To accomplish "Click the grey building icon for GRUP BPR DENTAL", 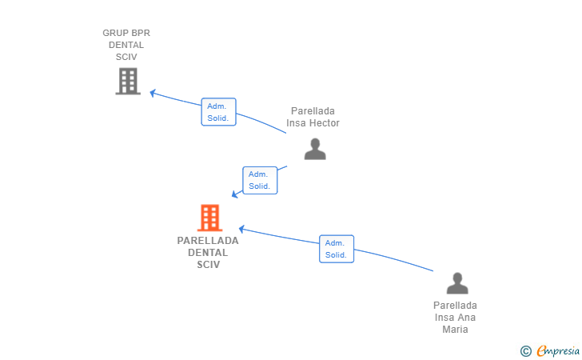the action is click(x=128, y=81).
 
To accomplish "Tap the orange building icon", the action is click(x=209, y=218).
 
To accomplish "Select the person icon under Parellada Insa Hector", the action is click(x=315, y=149).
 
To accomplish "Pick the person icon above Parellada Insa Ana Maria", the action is click(x=457, y=283).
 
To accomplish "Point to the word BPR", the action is click(x=141, y=33).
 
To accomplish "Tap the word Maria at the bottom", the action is click(x=455, y=330).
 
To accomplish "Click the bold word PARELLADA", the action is click(x=208, y=241).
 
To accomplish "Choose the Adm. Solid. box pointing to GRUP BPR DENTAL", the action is click(x=218, y=112).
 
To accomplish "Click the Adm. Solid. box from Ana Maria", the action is click(x=337, y=249).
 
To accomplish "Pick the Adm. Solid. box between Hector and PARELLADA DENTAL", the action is click(x=260, y=180).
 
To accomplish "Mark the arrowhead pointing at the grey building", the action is click(x=152, y=93).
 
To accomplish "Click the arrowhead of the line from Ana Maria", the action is click(x=241, y=230).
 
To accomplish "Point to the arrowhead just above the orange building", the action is click(x=234, y=194).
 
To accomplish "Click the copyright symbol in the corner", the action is click(x=526, y=351).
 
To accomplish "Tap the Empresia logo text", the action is click(x=558, y=350).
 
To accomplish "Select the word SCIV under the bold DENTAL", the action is click(x=208, y=265).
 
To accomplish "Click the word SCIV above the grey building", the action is click(x=126, y=57).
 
